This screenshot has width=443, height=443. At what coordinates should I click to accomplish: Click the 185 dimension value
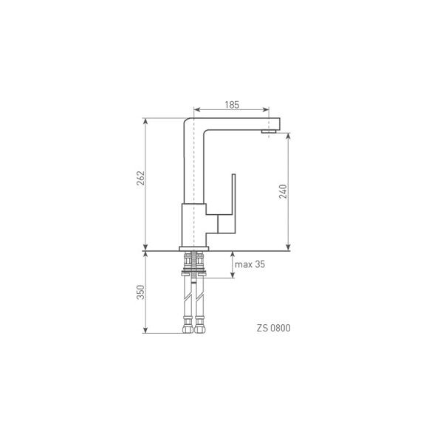pyautogui.click(x=232, y=105)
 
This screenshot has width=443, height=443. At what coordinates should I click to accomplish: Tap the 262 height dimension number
pyautogui.click(x=141, y=178)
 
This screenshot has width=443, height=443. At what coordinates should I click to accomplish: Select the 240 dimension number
pyautogui.click(x=283, y=191)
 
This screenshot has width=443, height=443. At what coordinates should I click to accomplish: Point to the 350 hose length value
pyautogui.click(x=140, y=292)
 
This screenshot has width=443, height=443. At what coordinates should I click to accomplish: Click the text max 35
pyautogui.click(x=250, y=264)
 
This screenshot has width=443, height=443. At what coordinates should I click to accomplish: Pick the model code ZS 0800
pyautogui.click(x=273, y=328)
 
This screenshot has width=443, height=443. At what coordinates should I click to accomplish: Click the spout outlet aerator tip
pyautogui.click(x=269, y=131)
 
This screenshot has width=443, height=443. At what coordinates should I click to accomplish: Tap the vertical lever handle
pyautogui.click(x=233, y=204)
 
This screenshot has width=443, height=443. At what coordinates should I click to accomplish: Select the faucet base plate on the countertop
pyautogui.click(x=193, y=249)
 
